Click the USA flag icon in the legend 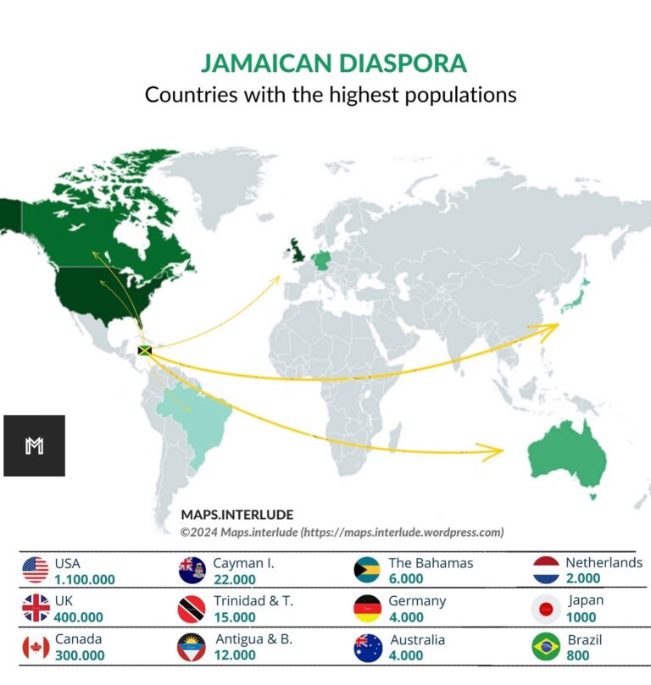pos(35,570)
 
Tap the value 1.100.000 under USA pos(84,580)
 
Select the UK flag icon pos(35,609)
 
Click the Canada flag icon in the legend pos(35,647)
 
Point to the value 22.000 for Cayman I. pos(234,579)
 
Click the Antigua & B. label pos(253,639)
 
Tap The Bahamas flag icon pos(366,570)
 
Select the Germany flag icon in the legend pos(366,609)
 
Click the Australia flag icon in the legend pos(366,647)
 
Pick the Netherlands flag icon pos(546,570)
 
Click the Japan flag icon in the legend pos(546,609)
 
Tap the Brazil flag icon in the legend pos(546,647)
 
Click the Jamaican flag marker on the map pos(144,350)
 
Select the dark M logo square pos(34,445)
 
